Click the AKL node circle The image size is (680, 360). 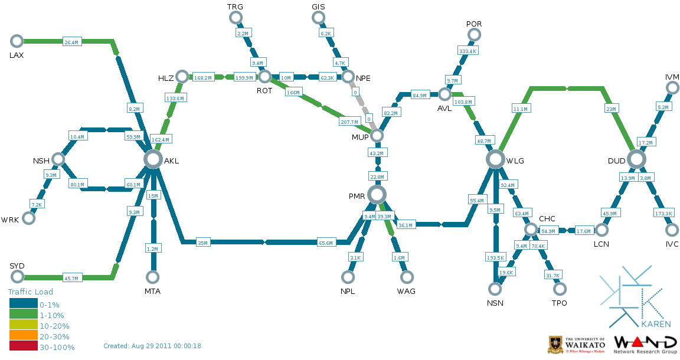tap(153, 159)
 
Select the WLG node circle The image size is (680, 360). tap(497, 159)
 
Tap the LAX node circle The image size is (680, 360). tap(17, 41)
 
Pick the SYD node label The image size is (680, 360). tap(17, 266)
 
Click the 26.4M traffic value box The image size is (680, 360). tap(71, 42)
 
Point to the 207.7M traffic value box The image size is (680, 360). tap(349, 122)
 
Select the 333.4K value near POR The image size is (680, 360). tap(467, 51)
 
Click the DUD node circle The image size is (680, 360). tap(636, 159)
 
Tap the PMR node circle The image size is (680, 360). tap(377, 194)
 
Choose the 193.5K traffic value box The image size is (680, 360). tap(495, 258)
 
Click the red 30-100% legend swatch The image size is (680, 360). tap(23, 346)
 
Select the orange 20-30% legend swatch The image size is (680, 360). tap(23, 336)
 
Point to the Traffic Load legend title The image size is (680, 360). tap(31, 292)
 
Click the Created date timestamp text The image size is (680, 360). tap(152, 346)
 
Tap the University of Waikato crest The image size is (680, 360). tap(555, 345)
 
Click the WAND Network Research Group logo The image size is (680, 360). tap(645, 345)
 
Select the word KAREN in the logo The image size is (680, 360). tap(655, 324)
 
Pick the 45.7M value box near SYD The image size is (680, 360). tap(71, 278)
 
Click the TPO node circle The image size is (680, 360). tap(560, 289)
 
